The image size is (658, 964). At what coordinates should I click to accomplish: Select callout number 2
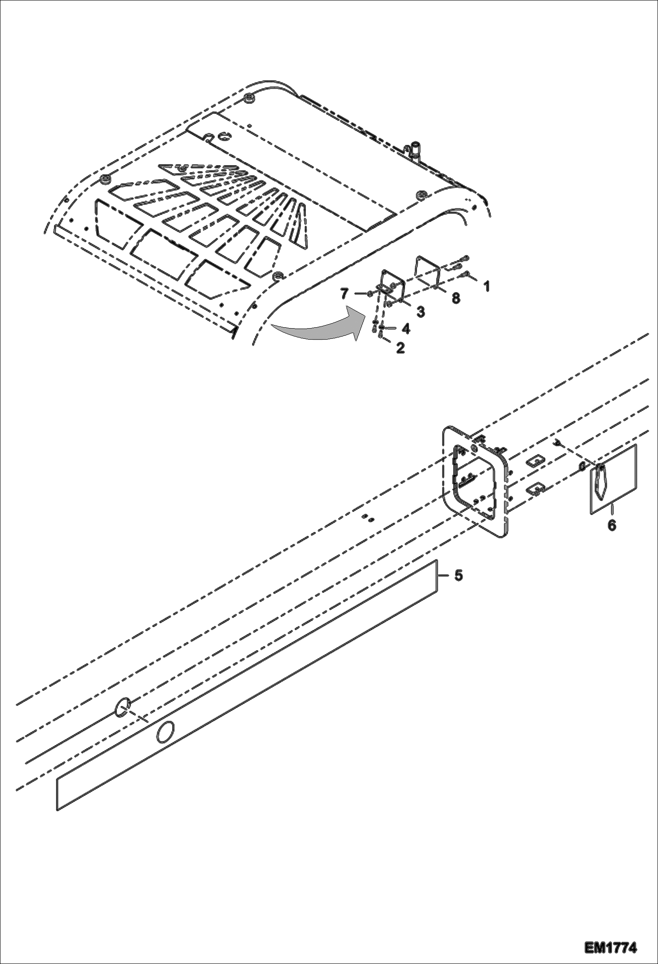[400, 348]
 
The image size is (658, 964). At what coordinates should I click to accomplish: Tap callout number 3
[420, 312]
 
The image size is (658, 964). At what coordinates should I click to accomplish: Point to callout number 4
[406, 329]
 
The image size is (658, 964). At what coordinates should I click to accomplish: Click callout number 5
[458, 575]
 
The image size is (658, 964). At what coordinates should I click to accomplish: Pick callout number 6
[611, 525]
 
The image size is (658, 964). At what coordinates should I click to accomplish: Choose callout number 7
[344, 293]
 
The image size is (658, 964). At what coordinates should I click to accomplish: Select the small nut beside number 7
[371, 294]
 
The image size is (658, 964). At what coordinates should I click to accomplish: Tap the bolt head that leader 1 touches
[467, 275]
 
